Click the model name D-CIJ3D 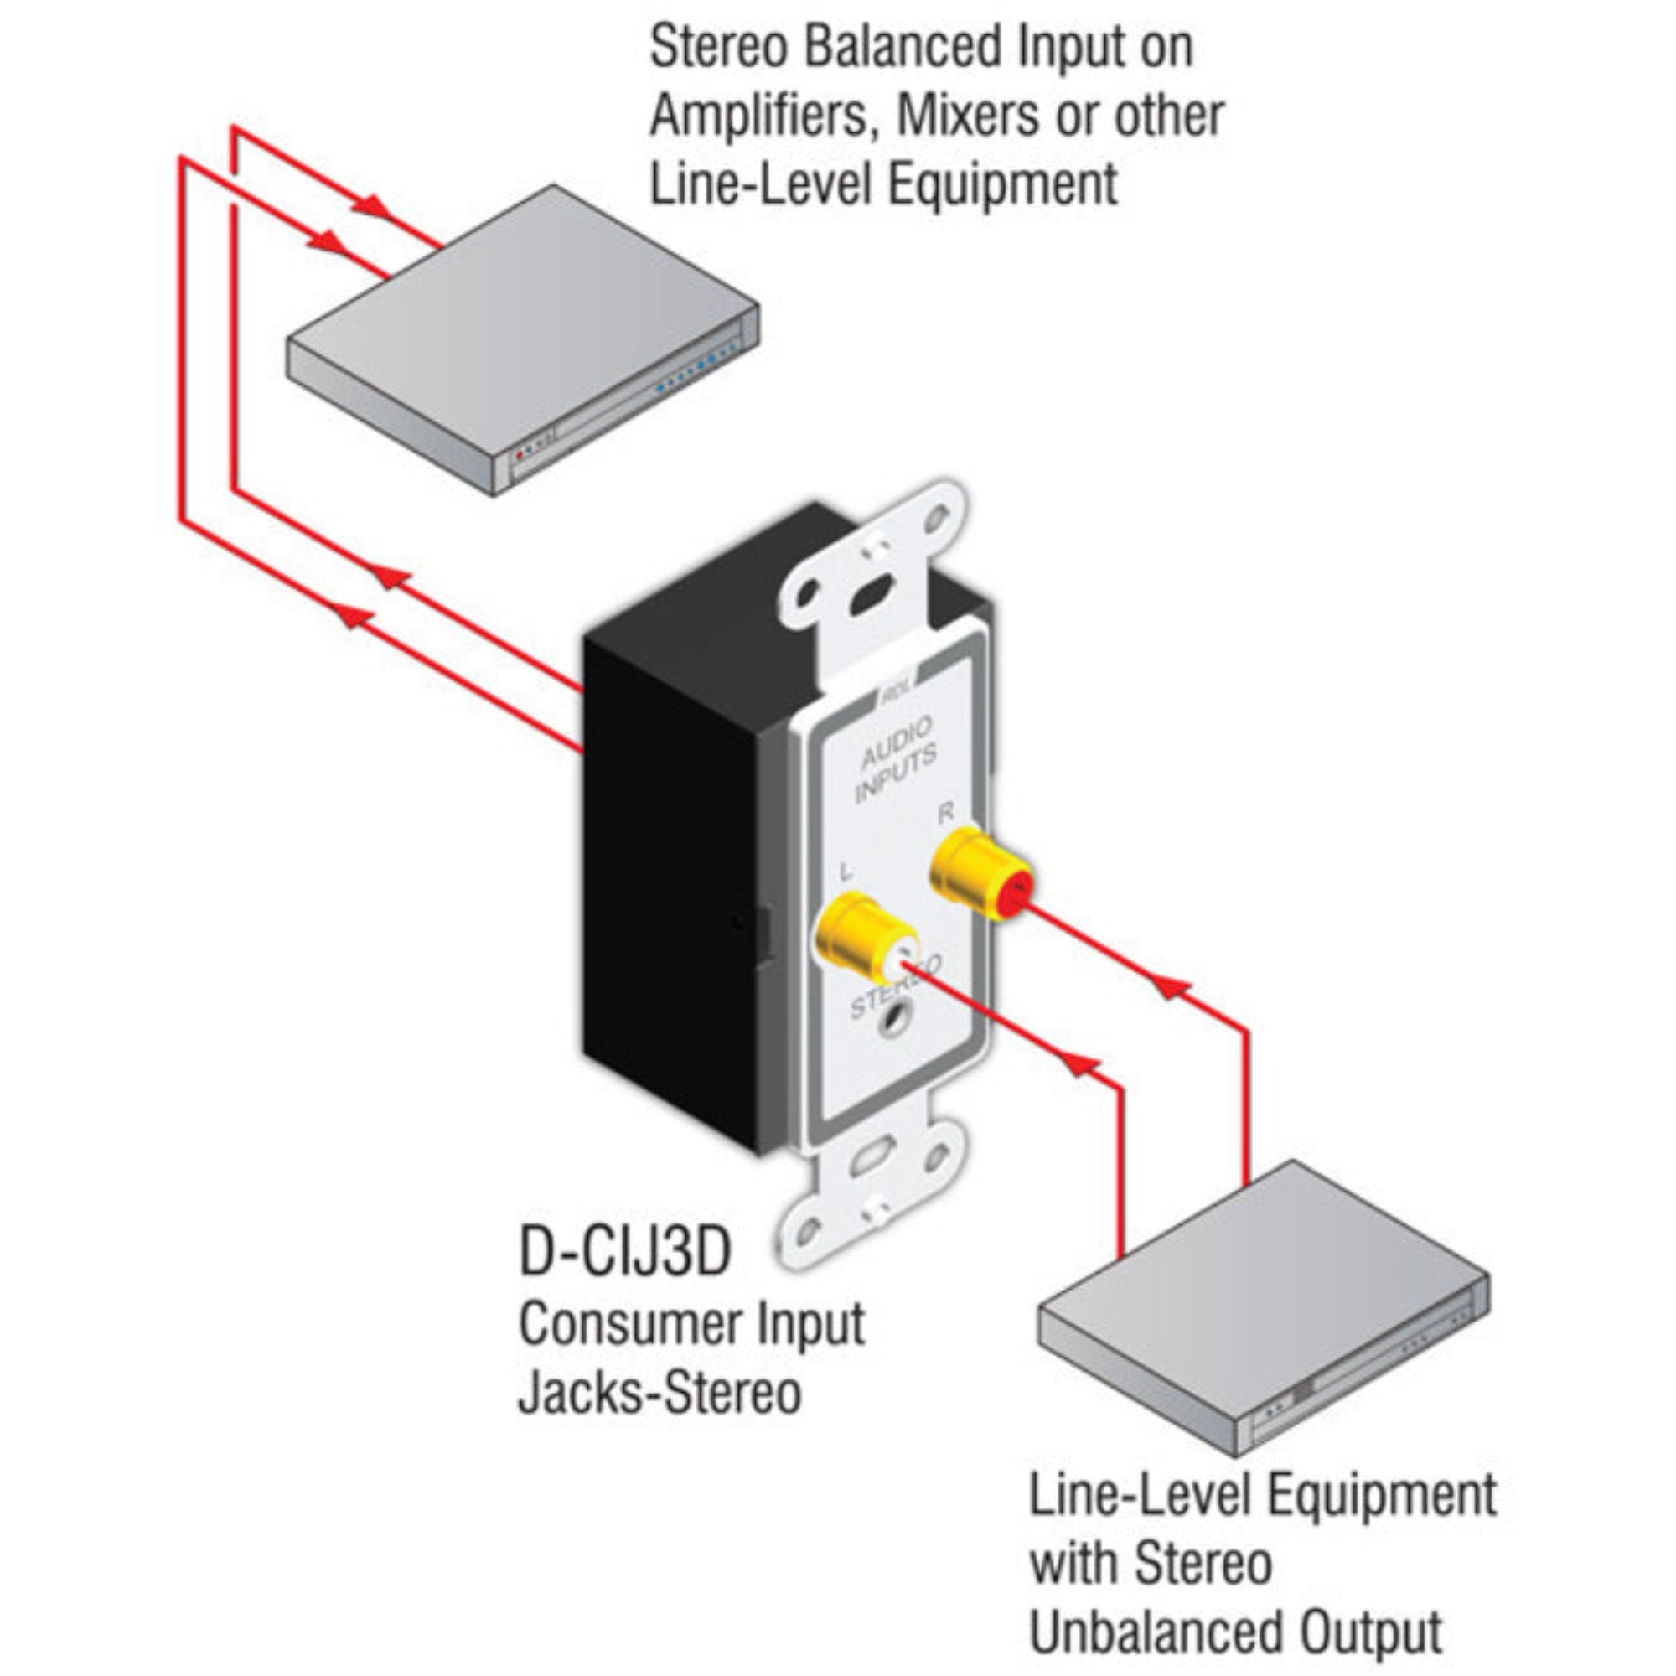(624, 1251)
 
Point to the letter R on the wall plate (945, 813)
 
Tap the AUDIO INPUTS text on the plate (895, 759)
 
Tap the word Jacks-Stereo (660, 1394)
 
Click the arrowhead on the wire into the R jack (1173, 988)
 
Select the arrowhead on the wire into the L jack (1081, 1064)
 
